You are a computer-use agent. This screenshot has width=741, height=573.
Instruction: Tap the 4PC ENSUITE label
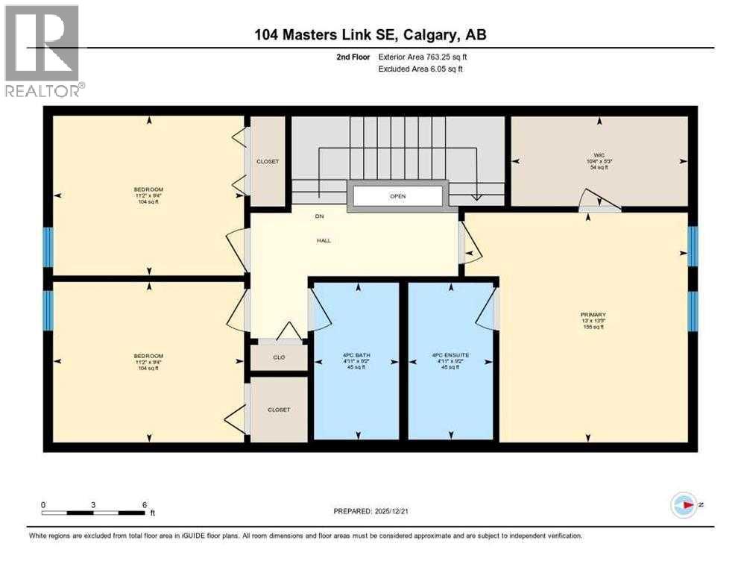[x=450, y=355]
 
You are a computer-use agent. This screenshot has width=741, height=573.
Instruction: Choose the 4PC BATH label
[x=356, y=355]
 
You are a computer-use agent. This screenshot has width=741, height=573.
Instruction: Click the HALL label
[x=324, y=240]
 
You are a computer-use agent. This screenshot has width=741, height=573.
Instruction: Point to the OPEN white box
[x=397, y=196]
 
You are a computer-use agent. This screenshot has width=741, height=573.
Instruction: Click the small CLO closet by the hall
[x=279, y=357]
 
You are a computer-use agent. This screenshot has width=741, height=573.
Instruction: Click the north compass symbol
[x=684, y=505]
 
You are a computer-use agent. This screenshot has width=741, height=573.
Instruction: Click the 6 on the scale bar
[x=144, y=504]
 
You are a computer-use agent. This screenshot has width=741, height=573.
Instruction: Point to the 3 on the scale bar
[x=93, y=504]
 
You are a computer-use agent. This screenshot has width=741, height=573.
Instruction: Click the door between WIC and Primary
[x=600, y=200]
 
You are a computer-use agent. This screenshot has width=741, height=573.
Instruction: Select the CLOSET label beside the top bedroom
[x=267, y=161]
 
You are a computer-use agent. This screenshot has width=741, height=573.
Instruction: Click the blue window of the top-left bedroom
[x=48, y=247]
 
